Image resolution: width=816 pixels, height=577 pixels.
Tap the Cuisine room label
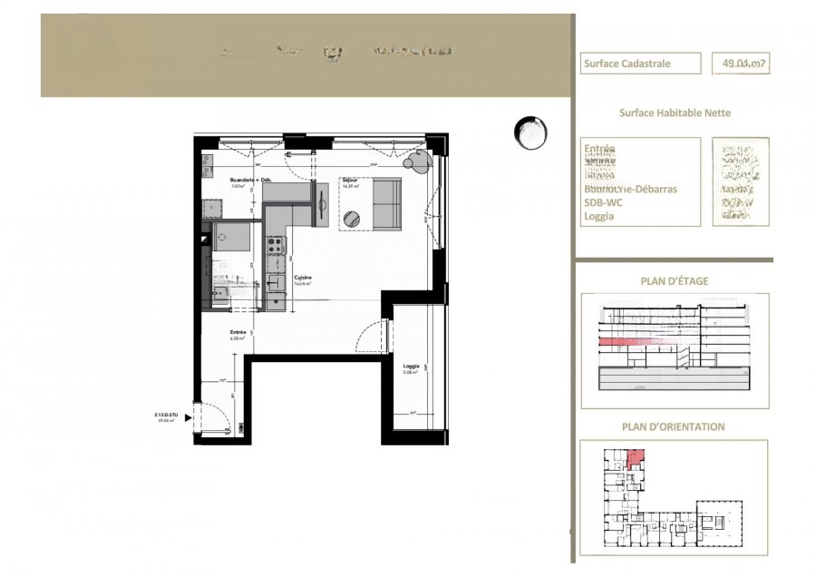[x=302, y=278]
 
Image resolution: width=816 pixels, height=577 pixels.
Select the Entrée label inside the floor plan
[x=238, y=333]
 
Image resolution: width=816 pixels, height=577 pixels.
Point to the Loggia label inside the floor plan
[x=412, y=367]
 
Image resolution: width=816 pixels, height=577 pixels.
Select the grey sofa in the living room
[x=387, y=204]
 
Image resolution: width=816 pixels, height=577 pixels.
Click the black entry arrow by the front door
[x=189, y=417]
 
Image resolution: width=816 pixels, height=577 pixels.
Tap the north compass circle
[x=529, y=133]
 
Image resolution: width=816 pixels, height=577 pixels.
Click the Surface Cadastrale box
[x=641, y=64]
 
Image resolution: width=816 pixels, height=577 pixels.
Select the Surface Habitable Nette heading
[x=675, y=113]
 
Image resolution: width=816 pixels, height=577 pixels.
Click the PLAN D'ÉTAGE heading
[x=675, y=281]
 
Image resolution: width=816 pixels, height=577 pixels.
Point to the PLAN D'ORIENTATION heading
[x=673, y=426]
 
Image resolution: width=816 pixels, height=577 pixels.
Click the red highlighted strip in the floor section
[x=616, y=340]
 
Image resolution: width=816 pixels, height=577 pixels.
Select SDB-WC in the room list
[x=602, y=203]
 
